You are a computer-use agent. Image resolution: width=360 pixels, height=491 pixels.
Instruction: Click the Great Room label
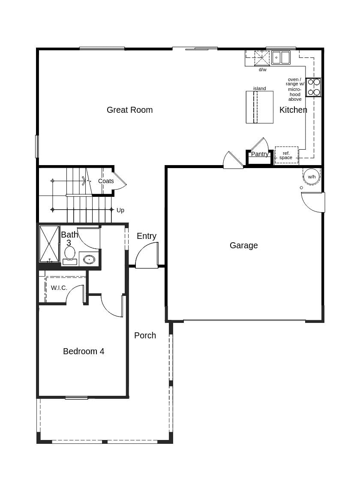pos(129,110)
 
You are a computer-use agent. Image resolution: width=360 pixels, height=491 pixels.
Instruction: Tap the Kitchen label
pos(293,110)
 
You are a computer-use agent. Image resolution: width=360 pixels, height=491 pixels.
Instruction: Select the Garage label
pos(243,246)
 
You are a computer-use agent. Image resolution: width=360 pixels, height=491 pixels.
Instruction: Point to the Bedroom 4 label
pos(84,352)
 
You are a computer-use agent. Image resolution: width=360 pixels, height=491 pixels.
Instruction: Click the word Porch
pos(145,336)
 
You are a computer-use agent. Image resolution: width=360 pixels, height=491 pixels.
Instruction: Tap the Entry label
pos(147,236)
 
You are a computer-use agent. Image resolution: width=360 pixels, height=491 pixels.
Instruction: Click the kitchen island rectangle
pos(259,107)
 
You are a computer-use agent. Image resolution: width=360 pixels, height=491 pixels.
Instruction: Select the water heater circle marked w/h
pos(312,176)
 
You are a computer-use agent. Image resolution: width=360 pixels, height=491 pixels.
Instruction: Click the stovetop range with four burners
pos(314,87)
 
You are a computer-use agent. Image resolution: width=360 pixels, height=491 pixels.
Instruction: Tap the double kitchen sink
pos(281,57)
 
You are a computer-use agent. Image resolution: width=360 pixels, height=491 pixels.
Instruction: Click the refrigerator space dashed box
pos(286,155)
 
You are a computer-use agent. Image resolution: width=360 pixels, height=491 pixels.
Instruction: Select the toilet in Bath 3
pos(70,255)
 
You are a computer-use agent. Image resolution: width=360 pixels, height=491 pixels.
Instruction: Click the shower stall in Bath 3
pos(49,244)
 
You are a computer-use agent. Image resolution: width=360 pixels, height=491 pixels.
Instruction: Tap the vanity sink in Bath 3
pos(89,259)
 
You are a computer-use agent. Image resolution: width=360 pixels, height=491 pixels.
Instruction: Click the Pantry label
pos(260,154)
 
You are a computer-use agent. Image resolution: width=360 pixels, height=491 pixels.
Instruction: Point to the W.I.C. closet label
pos(59,288)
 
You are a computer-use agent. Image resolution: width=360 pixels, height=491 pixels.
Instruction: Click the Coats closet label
pos(106,181)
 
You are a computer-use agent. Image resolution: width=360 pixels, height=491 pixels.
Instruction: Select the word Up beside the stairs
pos(120,210)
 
